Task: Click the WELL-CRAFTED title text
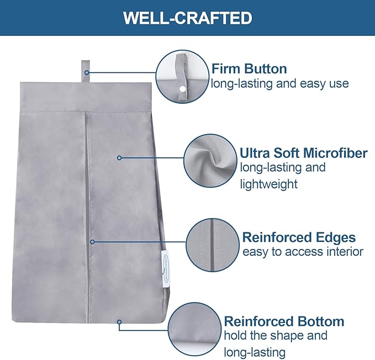point(188,18)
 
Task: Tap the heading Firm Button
point(249,69)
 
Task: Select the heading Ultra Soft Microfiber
point(304,153)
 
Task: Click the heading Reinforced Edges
point(299,237)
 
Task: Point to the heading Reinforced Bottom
point(284,321)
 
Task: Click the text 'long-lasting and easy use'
point(280,84)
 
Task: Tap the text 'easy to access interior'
point(303,252)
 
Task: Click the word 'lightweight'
point(269,184)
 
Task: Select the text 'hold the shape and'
point(276,335)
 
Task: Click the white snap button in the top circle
point(183,89)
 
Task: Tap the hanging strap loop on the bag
point(86,71)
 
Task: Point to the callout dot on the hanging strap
point(87,72)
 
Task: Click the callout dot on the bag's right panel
point(119,158)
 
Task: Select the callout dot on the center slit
point(92,242)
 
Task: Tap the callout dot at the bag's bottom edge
point(119,322)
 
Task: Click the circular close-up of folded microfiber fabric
point(210,161)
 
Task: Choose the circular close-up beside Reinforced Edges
point(213,245)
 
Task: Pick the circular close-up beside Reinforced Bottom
point(194,329)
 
